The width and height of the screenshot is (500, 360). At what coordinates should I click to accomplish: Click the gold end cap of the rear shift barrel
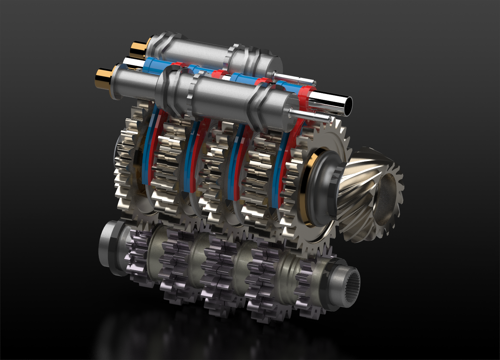137,49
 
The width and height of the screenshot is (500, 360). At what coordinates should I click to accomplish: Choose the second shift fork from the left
194,155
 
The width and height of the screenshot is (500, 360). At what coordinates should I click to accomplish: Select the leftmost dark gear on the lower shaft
138,254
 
